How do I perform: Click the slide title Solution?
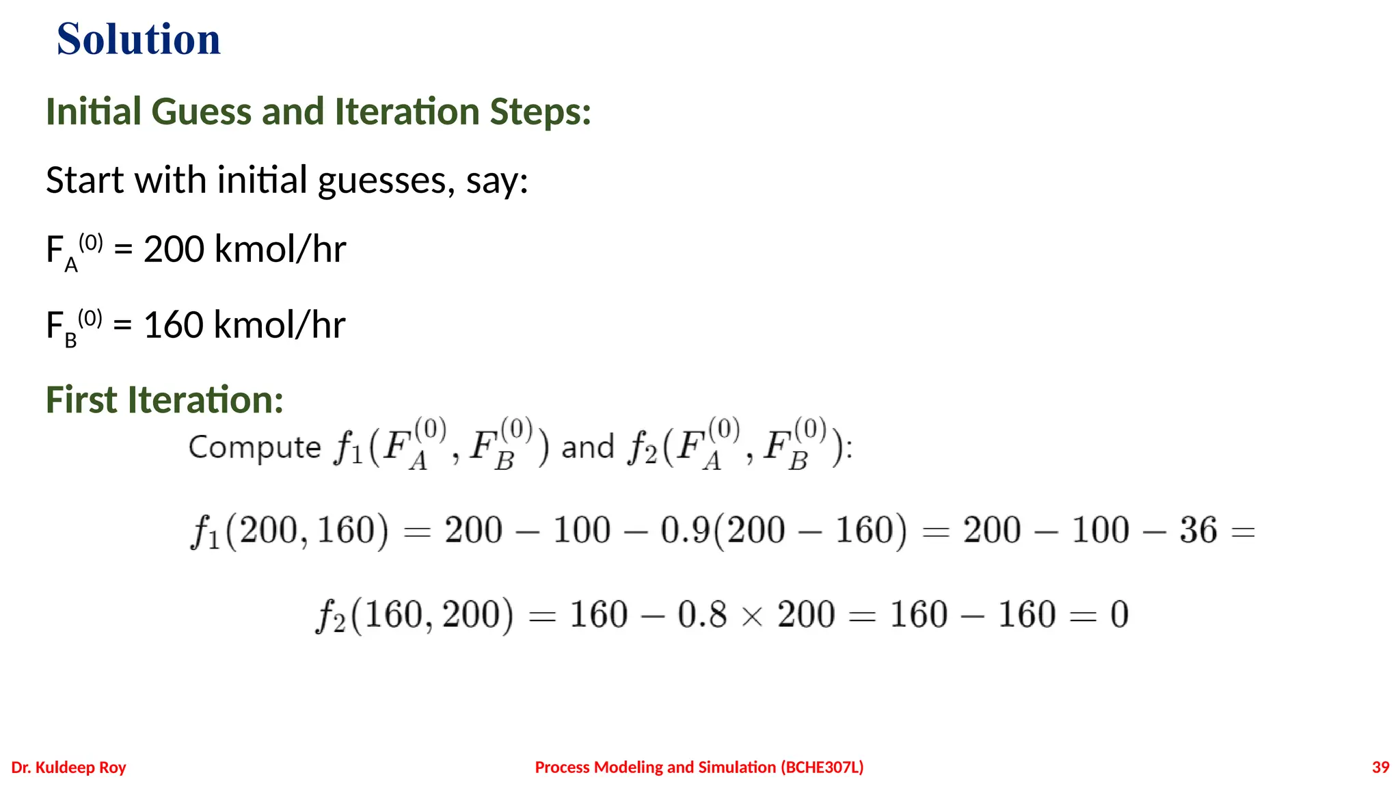[139, 39]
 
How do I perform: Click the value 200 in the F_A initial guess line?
[174, 249]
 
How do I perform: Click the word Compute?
[254, 447]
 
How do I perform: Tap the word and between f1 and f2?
[587, 447]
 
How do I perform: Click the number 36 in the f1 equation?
[1198, 530]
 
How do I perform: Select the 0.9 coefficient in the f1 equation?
[685, 530]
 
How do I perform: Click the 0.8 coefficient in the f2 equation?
[702, 614]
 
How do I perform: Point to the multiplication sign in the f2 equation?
[752, 616]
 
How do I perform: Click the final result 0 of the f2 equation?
[1119, 614]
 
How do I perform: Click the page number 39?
[1380, 767]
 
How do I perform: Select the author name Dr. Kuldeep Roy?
[69, 767]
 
